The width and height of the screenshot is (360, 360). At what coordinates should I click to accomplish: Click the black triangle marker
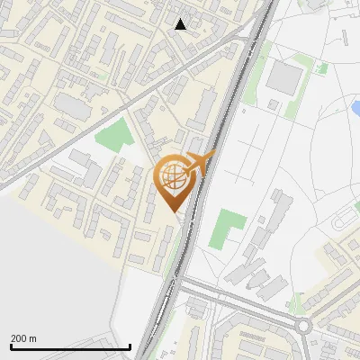pyautogui.click(x=181, y=24)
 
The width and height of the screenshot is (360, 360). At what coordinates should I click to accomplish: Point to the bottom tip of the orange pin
pyautogui.click(x=176, y=213)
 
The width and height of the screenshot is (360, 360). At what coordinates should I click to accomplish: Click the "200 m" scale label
pyautogui.click(x=23, y=338)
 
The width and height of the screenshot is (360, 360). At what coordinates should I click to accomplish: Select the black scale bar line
pyautogui.click(x=70, y=346)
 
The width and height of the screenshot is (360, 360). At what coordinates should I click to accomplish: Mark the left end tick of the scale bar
pyautogui.click(x=11, y=345)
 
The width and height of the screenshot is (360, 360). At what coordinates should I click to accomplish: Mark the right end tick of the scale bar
pyautogui.click(x=130, y=345)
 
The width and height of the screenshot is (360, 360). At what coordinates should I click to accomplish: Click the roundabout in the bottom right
pyautogui.click(x=303, y=326)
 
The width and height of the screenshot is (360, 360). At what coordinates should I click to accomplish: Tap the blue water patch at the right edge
pyautogui.click(x=354, y=109)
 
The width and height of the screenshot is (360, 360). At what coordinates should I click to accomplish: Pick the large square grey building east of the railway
pyautogui.click(x=284, y=78)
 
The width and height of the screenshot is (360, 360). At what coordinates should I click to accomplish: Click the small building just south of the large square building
pyautogui.click(x=273, y=104)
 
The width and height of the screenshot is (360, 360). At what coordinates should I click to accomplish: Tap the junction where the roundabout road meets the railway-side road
pyautogui.click(x=180, y=286)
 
